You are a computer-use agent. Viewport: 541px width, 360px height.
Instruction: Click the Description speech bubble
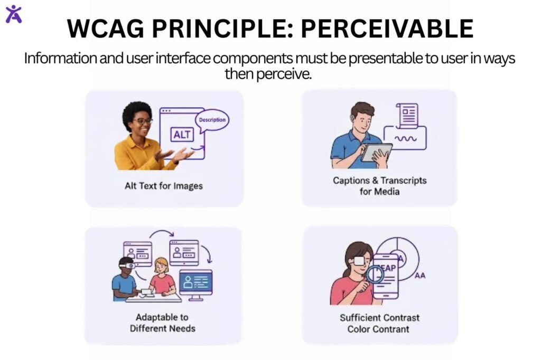[213, 120]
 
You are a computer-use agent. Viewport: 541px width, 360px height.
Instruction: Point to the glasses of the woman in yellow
[142, 121]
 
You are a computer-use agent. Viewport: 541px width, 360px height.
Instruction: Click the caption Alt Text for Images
[164, 186]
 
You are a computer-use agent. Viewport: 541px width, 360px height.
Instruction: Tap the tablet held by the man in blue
[376, 152]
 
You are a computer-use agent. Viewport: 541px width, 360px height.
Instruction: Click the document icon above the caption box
[408, 115]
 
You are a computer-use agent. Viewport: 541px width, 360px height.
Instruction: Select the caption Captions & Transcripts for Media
[379, 186]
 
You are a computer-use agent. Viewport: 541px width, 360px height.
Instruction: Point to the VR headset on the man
[126, 266]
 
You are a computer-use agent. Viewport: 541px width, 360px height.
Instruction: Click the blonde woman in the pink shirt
[161, 277]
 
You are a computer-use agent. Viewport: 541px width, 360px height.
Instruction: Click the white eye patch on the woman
[359, 260]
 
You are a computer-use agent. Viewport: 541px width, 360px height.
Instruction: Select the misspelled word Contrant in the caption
[391, 329]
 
